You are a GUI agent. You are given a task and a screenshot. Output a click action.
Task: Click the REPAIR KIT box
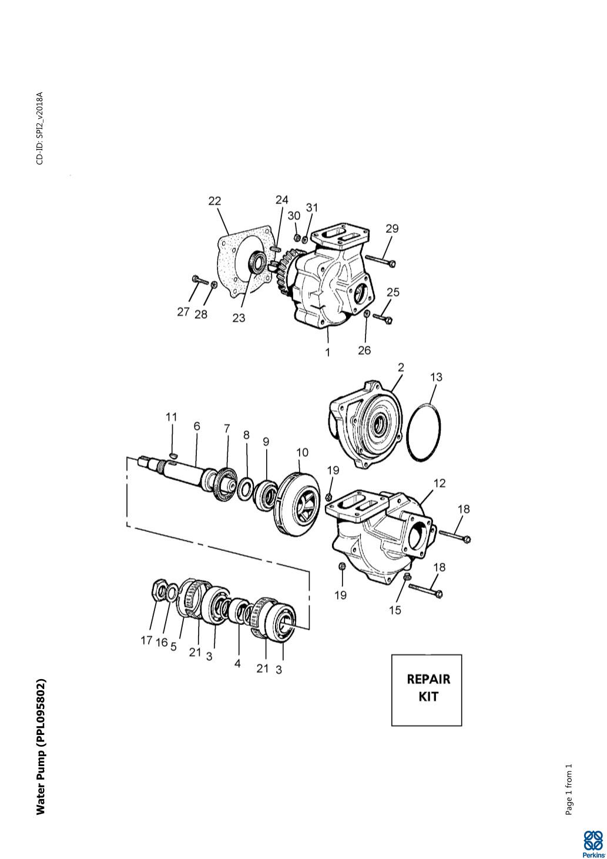[427, 689]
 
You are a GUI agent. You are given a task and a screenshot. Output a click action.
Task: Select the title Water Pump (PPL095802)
[41, 747]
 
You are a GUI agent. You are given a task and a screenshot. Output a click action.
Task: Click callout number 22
[214, 201]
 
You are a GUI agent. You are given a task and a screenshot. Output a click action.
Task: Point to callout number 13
[436, 377]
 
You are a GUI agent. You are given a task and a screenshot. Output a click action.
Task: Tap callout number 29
[392, 228]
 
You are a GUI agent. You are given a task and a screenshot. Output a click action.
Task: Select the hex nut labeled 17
[159, 590]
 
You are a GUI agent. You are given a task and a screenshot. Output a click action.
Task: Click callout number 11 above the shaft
[171, 417]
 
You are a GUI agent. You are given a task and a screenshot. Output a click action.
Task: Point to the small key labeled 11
[172, 454]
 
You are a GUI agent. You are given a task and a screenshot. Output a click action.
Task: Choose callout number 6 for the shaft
[197, 426]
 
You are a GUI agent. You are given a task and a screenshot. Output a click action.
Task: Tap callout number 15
[395, 610]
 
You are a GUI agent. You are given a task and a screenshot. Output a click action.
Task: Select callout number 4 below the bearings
[237, 663]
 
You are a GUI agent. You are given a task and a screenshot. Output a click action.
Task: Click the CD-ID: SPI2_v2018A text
[40, 128]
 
